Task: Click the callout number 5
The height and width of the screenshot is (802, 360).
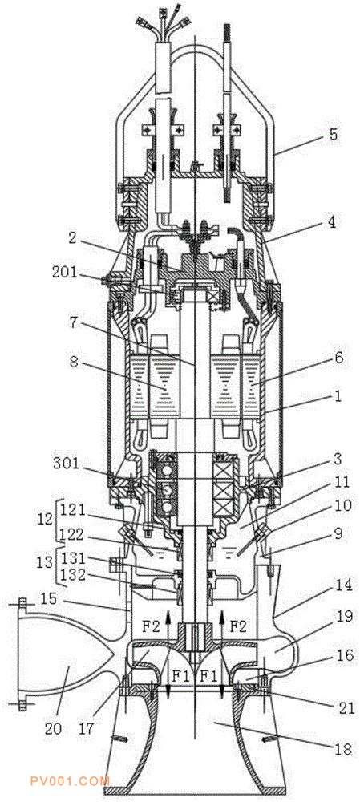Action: point(333,135)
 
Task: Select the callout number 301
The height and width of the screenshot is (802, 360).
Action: point(67,463)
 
